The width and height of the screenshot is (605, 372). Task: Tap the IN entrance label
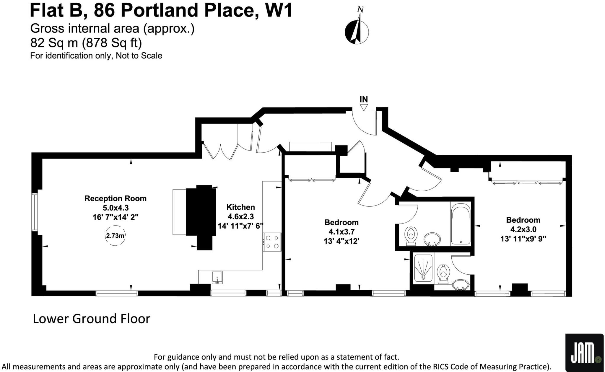click(x=364, y=99)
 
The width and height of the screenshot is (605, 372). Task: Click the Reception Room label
click(x=116, y=198)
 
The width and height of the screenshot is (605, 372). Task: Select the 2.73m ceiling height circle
click(x=115, y=236)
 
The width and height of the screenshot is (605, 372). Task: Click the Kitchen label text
click(x=240, y=207)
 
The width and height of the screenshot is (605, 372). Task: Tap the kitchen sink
click(x=217, y=277)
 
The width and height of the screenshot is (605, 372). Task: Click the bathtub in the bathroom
click(x=461, y=224)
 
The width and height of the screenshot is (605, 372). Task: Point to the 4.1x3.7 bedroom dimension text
click(x=341, y=232)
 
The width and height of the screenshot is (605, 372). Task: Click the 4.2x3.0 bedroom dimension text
click(x=523, y=229)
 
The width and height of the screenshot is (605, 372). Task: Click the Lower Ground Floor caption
click(x=91, y=319)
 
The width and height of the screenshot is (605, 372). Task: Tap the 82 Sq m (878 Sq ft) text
click(x=86, y=43)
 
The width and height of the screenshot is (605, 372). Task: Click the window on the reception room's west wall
click(x=35, y=212)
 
